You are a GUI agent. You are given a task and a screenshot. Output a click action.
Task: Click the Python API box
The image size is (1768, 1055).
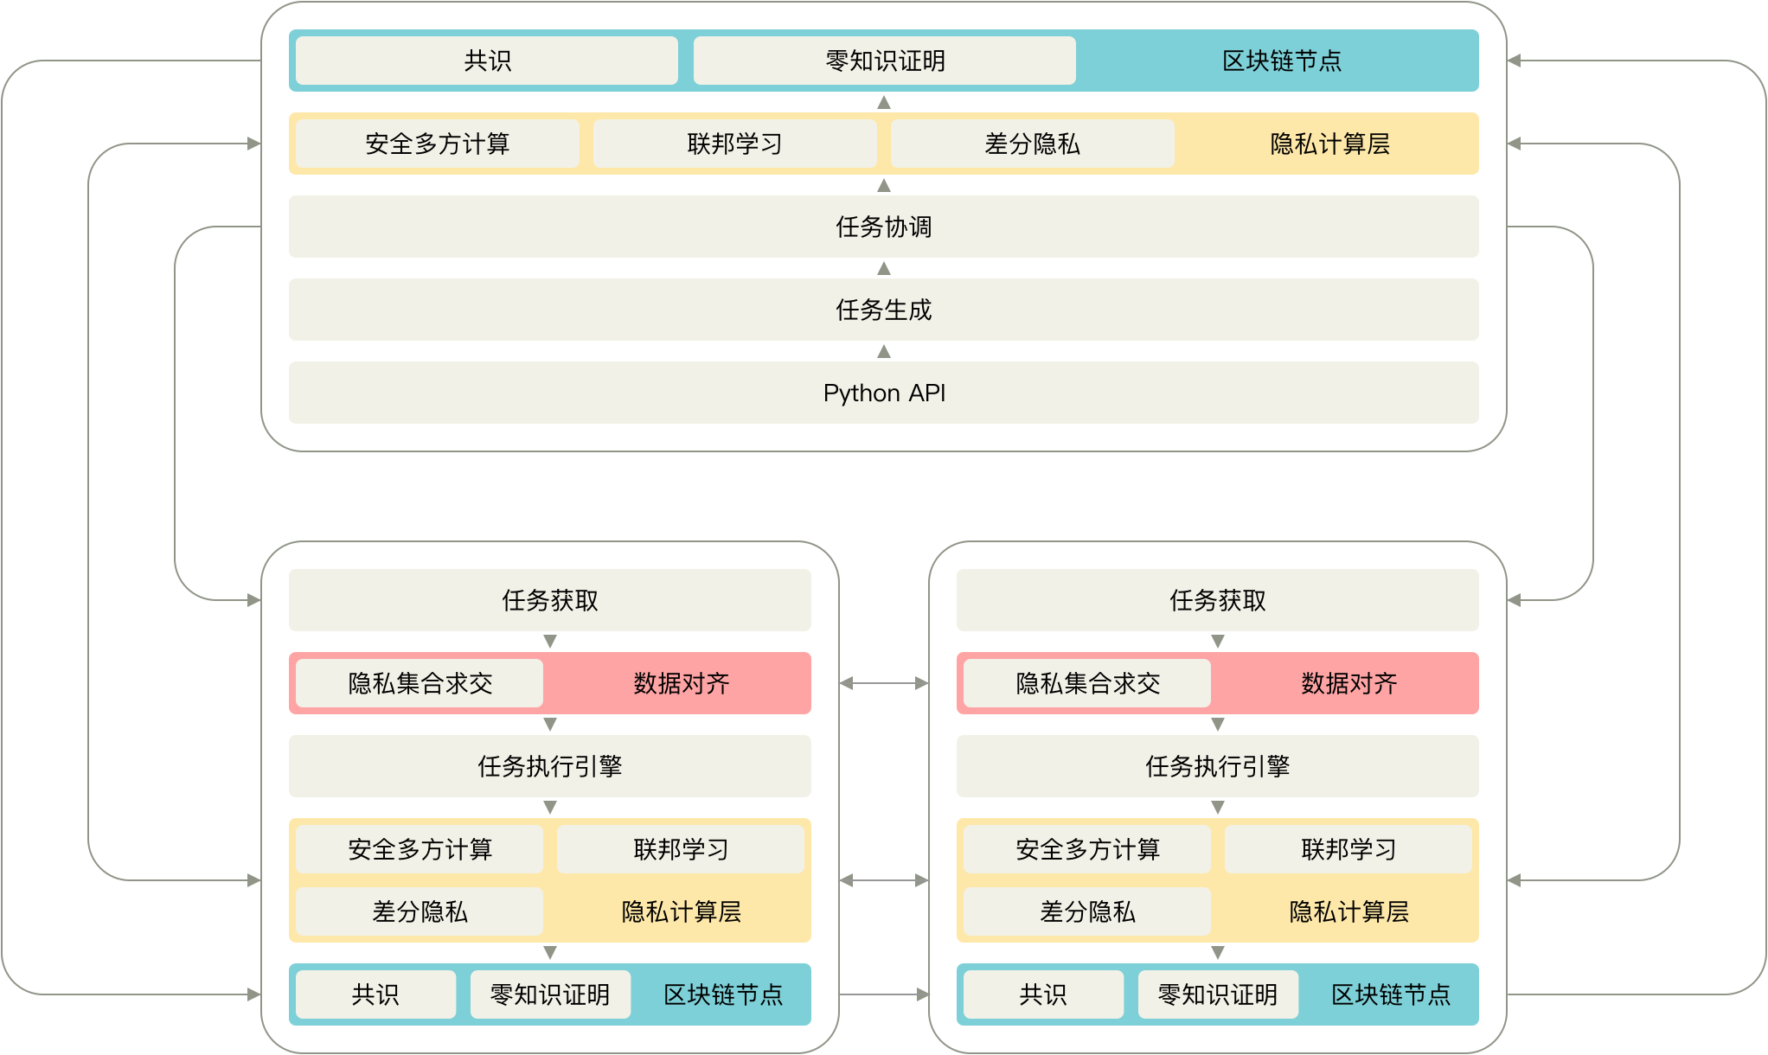[x=883, y=393]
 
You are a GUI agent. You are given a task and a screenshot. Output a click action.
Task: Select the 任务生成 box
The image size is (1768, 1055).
[x=883, y=310]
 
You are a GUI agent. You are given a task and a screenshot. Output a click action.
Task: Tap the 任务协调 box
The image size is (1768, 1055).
[x=883, y=227]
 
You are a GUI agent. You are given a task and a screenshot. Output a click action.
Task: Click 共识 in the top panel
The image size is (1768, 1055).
[x=487, y=61]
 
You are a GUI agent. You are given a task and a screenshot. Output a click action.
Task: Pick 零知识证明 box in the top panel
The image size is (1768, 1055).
[x=884, y=61]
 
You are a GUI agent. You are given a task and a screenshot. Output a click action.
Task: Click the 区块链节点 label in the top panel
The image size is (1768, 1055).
[x=1281, y=61]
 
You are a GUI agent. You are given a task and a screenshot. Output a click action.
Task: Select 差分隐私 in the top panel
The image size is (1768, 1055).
[x=1032, y=144]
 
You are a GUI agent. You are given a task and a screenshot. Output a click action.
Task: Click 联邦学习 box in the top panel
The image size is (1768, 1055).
[x=734, y=144]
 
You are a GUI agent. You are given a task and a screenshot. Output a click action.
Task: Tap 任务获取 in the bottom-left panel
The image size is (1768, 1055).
[x=549, y=600]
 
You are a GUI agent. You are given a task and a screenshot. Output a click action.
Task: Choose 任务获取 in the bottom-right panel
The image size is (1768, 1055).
[x=1217, y=600]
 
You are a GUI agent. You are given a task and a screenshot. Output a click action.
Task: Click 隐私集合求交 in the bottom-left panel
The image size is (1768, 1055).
[x=420, y=683]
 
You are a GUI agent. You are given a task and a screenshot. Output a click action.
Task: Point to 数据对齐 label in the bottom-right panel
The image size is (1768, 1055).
[x=1348, y=683]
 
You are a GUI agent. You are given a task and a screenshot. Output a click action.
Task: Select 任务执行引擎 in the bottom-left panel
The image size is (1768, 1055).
[x=549, y=766]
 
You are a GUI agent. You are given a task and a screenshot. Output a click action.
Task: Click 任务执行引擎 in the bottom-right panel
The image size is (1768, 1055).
[x=1217, y=766]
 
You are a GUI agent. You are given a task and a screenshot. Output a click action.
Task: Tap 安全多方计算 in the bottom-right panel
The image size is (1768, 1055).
[x=1087, y=849]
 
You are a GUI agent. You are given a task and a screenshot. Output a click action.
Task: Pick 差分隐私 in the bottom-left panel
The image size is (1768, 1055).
[x=420, y=911]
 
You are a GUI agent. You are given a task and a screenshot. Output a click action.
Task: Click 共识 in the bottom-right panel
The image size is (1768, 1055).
[x=1043, y=994]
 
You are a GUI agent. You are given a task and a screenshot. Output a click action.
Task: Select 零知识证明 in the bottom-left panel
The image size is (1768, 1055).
[x=550, y=994]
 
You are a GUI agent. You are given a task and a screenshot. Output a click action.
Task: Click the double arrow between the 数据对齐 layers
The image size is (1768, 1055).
[x=883, y=683]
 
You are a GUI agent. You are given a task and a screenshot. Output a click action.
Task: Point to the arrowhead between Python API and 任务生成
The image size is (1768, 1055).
[x=883, y=351]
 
